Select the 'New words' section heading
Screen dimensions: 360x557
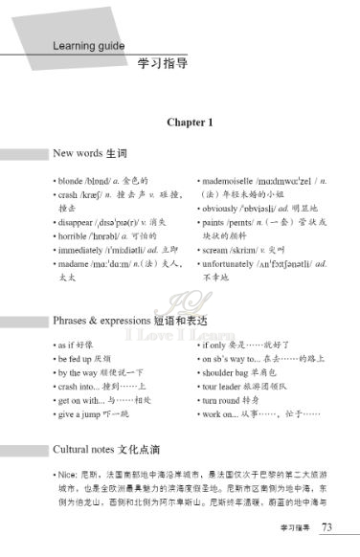77,153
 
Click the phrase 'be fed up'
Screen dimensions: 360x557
75,358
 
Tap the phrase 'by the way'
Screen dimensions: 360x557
77,372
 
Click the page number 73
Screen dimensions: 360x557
327,527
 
